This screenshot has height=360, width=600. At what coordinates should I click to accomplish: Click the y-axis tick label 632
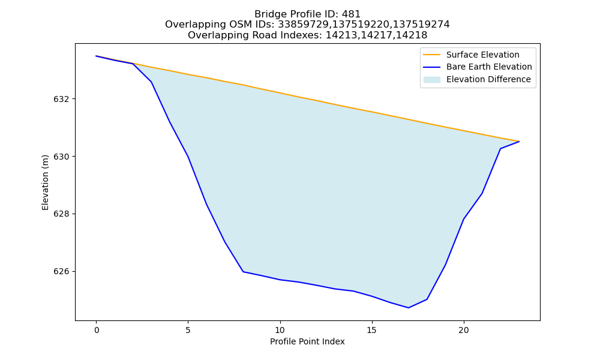(61, 99)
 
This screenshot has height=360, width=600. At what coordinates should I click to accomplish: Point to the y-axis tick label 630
(61, 157)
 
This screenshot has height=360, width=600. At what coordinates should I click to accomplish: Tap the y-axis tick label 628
(61, 214)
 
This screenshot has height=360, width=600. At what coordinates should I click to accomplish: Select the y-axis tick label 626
(61, 272)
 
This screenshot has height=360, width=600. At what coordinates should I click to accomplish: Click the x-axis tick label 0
(97, 330)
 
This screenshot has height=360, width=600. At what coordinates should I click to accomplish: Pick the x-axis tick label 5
(188, 330)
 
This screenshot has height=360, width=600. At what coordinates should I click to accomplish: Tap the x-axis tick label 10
(280, 330)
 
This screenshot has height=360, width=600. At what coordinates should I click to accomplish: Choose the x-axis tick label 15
(372, 330)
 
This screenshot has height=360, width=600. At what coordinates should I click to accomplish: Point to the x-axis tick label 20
(464, 330)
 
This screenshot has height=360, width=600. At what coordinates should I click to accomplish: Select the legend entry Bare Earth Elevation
(478, 67)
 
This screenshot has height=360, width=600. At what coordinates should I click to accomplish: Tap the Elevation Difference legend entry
(477, 80)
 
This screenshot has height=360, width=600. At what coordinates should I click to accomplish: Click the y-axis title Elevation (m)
(45, 182)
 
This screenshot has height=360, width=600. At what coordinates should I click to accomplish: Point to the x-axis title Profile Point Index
(307, 341)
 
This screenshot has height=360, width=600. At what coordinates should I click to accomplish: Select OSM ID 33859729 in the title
(302, 25)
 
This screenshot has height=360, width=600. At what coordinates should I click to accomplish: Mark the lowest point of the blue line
(408, 308)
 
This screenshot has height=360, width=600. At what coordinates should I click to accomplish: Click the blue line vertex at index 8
(243, 272)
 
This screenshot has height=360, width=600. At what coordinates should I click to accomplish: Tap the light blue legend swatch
(431, 80)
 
